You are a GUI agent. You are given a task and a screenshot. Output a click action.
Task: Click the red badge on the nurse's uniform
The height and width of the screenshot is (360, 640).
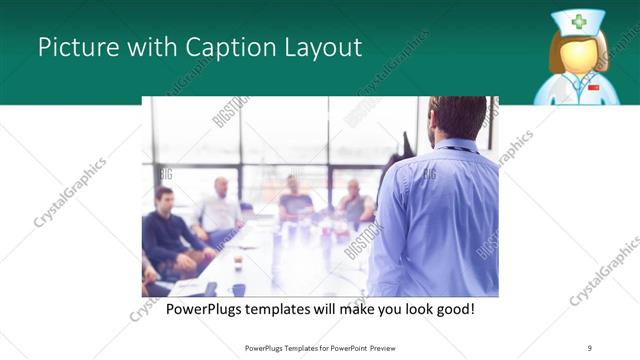[x=594, y=88]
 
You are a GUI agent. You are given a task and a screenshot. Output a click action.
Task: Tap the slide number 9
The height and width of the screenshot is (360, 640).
[x=590, y=348]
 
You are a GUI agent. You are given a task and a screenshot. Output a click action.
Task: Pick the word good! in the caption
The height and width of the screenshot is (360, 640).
[x=453, y=309]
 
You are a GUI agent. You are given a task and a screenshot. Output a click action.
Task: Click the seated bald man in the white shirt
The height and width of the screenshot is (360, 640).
[x=220, y=210]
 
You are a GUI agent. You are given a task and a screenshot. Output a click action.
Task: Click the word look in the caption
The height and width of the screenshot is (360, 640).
[x=411, y=309]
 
